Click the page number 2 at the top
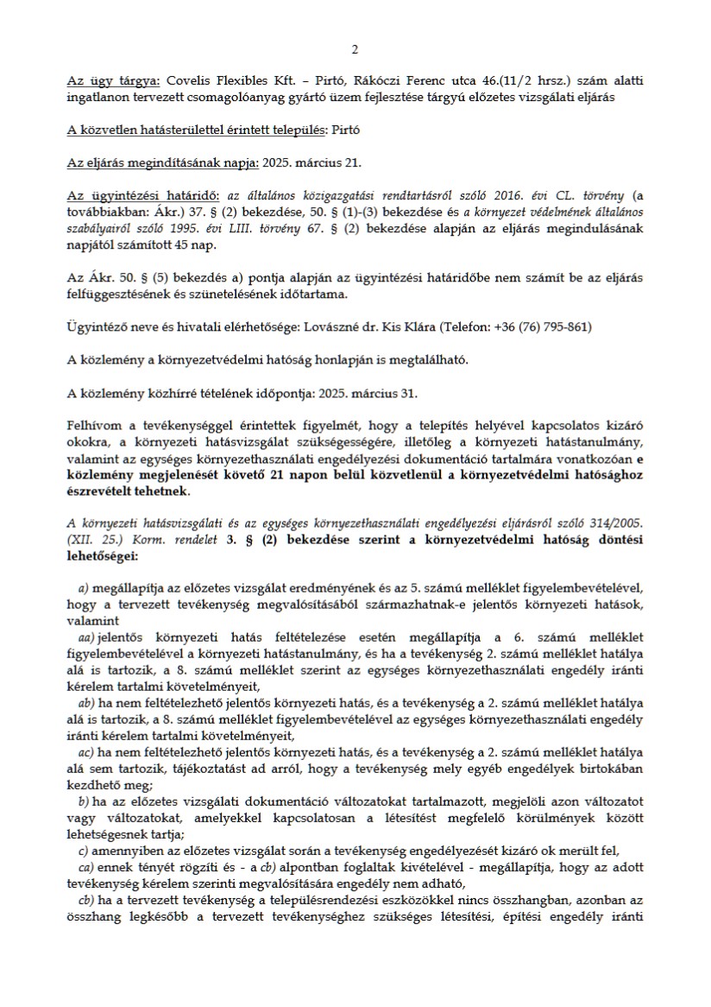tap(355, 49)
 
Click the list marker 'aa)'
tap(86, 636)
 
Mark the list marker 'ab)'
tap(86, 703)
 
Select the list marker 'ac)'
tap(86, 753)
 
